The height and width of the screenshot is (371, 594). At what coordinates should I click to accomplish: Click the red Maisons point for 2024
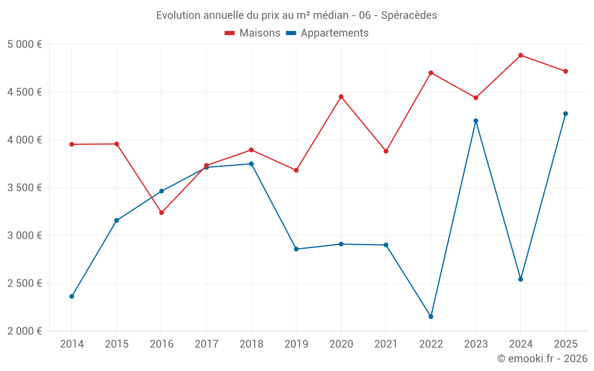[520, 55]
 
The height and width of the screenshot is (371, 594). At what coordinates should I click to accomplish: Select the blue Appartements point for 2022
[431, 316]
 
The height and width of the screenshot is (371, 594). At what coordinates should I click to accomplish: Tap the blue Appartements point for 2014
[72, 296]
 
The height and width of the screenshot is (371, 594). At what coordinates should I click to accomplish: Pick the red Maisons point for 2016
[162, 213]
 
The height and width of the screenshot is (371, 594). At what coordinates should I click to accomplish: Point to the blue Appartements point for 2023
[476, 121]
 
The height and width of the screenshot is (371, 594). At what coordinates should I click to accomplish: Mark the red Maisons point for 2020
[341, 97]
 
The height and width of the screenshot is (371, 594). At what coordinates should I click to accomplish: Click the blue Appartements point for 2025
[565, 113]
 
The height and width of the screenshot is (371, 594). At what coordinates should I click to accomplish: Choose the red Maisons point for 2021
[386, 151]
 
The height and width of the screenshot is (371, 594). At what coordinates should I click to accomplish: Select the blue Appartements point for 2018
[251, 164]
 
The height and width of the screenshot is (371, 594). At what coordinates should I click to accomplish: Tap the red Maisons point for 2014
[72, 144]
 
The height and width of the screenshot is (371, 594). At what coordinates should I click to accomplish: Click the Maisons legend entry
[252, 33]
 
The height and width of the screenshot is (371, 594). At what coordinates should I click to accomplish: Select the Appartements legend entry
[327, 33]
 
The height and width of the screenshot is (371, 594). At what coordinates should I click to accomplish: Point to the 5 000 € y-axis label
[24, 45]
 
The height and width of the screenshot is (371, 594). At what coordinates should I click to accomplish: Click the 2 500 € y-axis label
[24, 283]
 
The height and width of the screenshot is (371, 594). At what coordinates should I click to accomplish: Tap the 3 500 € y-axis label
[24, 188]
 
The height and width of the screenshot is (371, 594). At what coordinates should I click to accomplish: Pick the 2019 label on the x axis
[296, 344]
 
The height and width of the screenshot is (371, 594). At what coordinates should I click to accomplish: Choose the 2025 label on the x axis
[565, 344]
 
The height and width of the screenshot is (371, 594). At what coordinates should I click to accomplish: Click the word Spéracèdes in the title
[409, 15]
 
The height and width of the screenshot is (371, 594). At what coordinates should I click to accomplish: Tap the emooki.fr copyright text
[542, 358]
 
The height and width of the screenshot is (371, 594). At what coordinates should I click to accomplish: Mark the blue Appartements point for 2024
[520, 280]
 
